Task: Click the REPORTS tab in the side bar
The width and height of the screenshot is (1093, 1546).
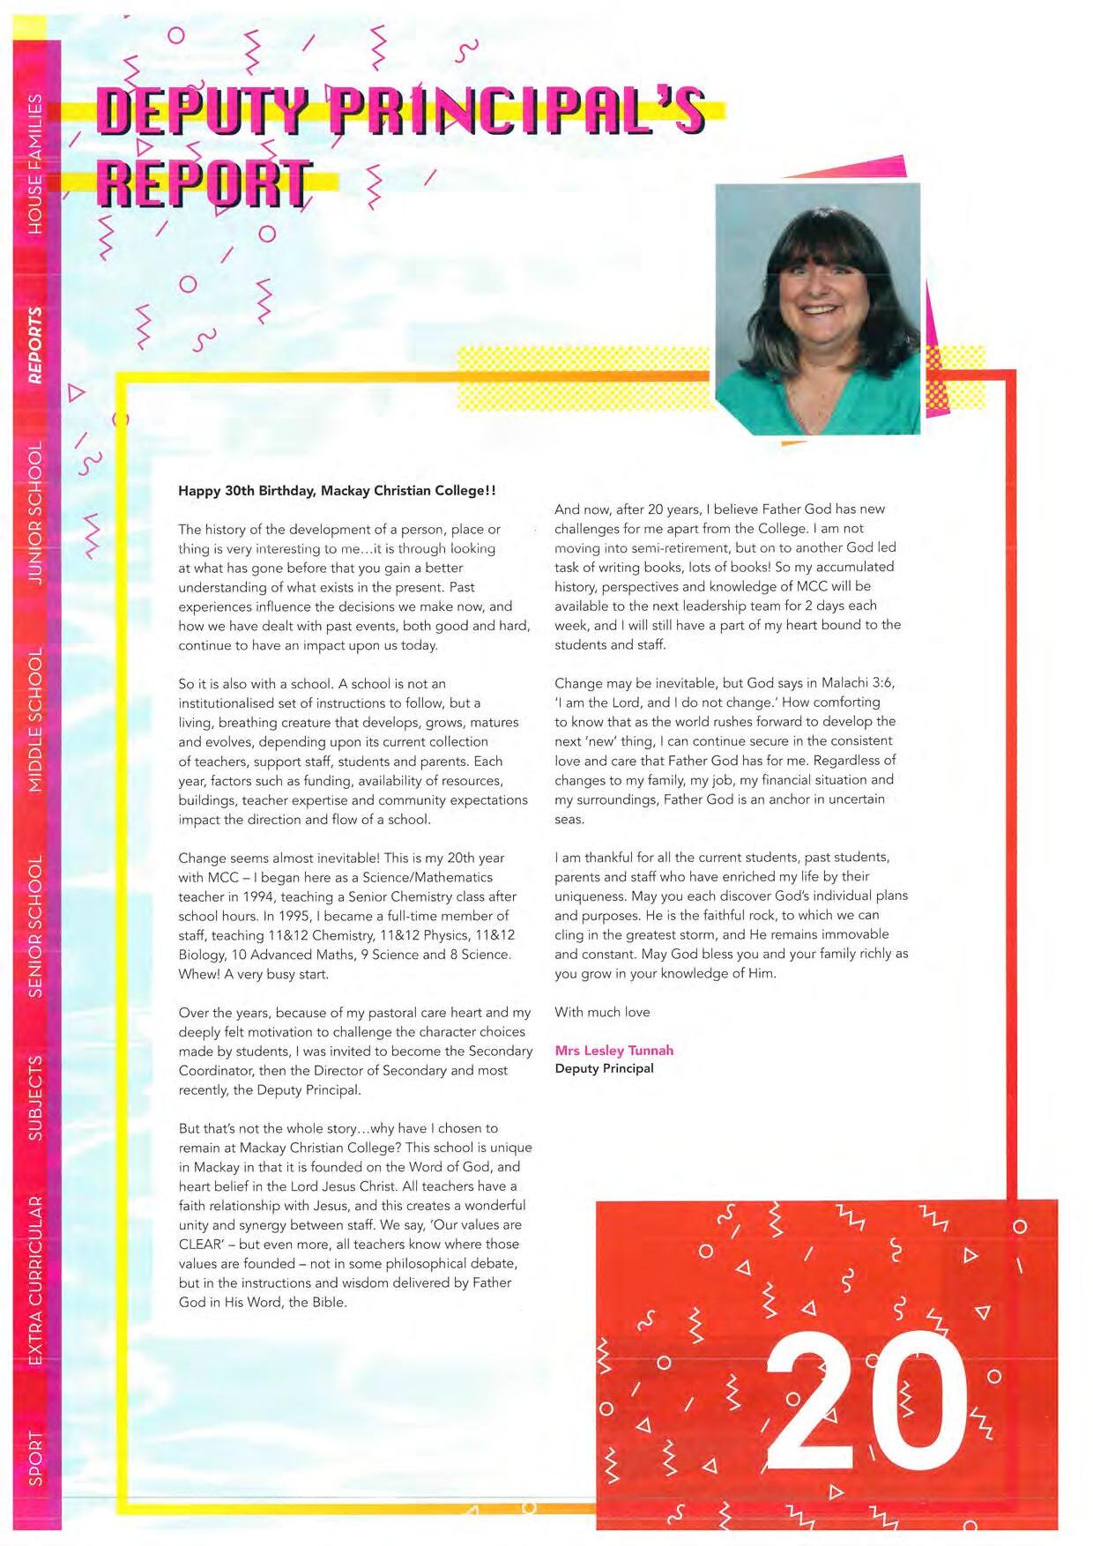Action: (x=35, y=346)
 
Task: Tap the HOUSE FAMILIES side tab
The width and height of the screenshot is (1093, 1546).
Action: (x=35, y=163)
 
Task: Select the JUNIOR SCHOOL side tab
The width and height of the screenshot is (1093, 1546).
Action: (x=35, y=513)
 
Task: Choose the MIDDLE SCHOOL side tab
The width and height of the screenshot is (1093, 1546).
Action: (x=35, y=720)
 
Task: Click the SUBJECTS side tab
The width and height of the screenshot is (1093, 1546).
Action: (x=35, y=1097)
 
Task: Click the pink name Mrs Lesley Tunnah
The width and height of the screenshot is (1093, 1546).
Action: (x=613, y=1050)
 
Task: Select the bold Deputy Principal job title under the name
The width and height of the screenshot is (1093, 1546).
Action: (x=604, y=1068)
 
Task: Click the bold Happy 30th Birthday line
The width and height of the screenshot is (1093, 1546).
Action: (x=337, y=490)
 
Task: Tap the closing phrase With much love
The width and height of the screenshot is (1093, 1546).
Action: (x=602, y=1012)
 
